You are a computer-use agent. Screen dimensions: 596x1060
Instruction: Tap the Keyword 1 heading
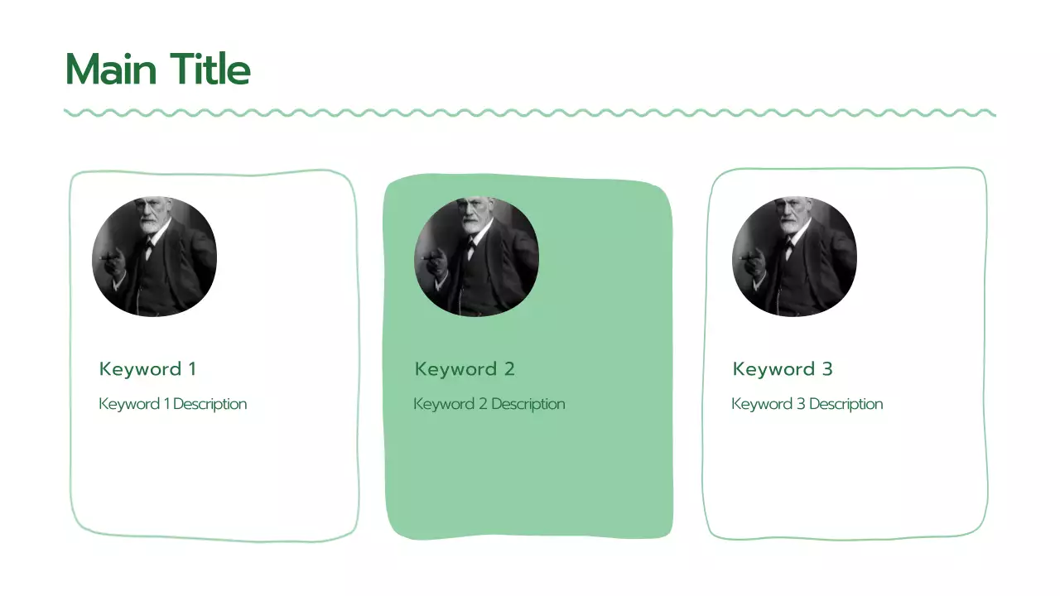click(147, 369)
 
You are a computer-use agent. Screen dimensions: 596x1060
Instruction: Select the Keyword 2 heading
click(465, 369)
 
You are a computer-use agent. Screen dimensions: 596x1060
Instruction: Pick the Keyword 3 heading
click(783, 369)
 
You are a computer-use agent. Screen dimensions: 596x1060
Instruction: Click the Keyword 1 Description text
click(172, 404)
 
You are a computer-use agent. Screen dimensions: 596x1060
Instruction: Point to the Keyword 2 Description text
click(489, 404)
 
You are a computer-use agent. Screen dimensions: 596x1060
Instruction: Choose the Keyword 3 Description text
click(807, 404)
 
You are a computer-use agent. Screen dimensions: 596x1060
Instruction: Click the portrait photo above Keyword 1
click(154, 257)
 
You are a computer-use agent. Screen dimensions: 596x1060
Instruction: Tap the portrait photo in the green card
click(476, 257)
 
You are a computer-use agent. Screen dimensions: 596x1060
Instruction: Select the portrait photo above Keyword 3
click(794, 257)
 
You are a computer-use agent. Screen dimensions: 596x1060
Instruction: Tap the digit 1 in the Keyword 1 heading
click(192, 369)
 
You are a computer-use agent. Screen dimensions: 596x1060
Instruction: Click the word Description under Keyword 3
click(846, 404)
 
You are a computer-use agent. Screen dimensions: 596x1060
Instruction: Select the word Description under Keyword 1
click(210, 404)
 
